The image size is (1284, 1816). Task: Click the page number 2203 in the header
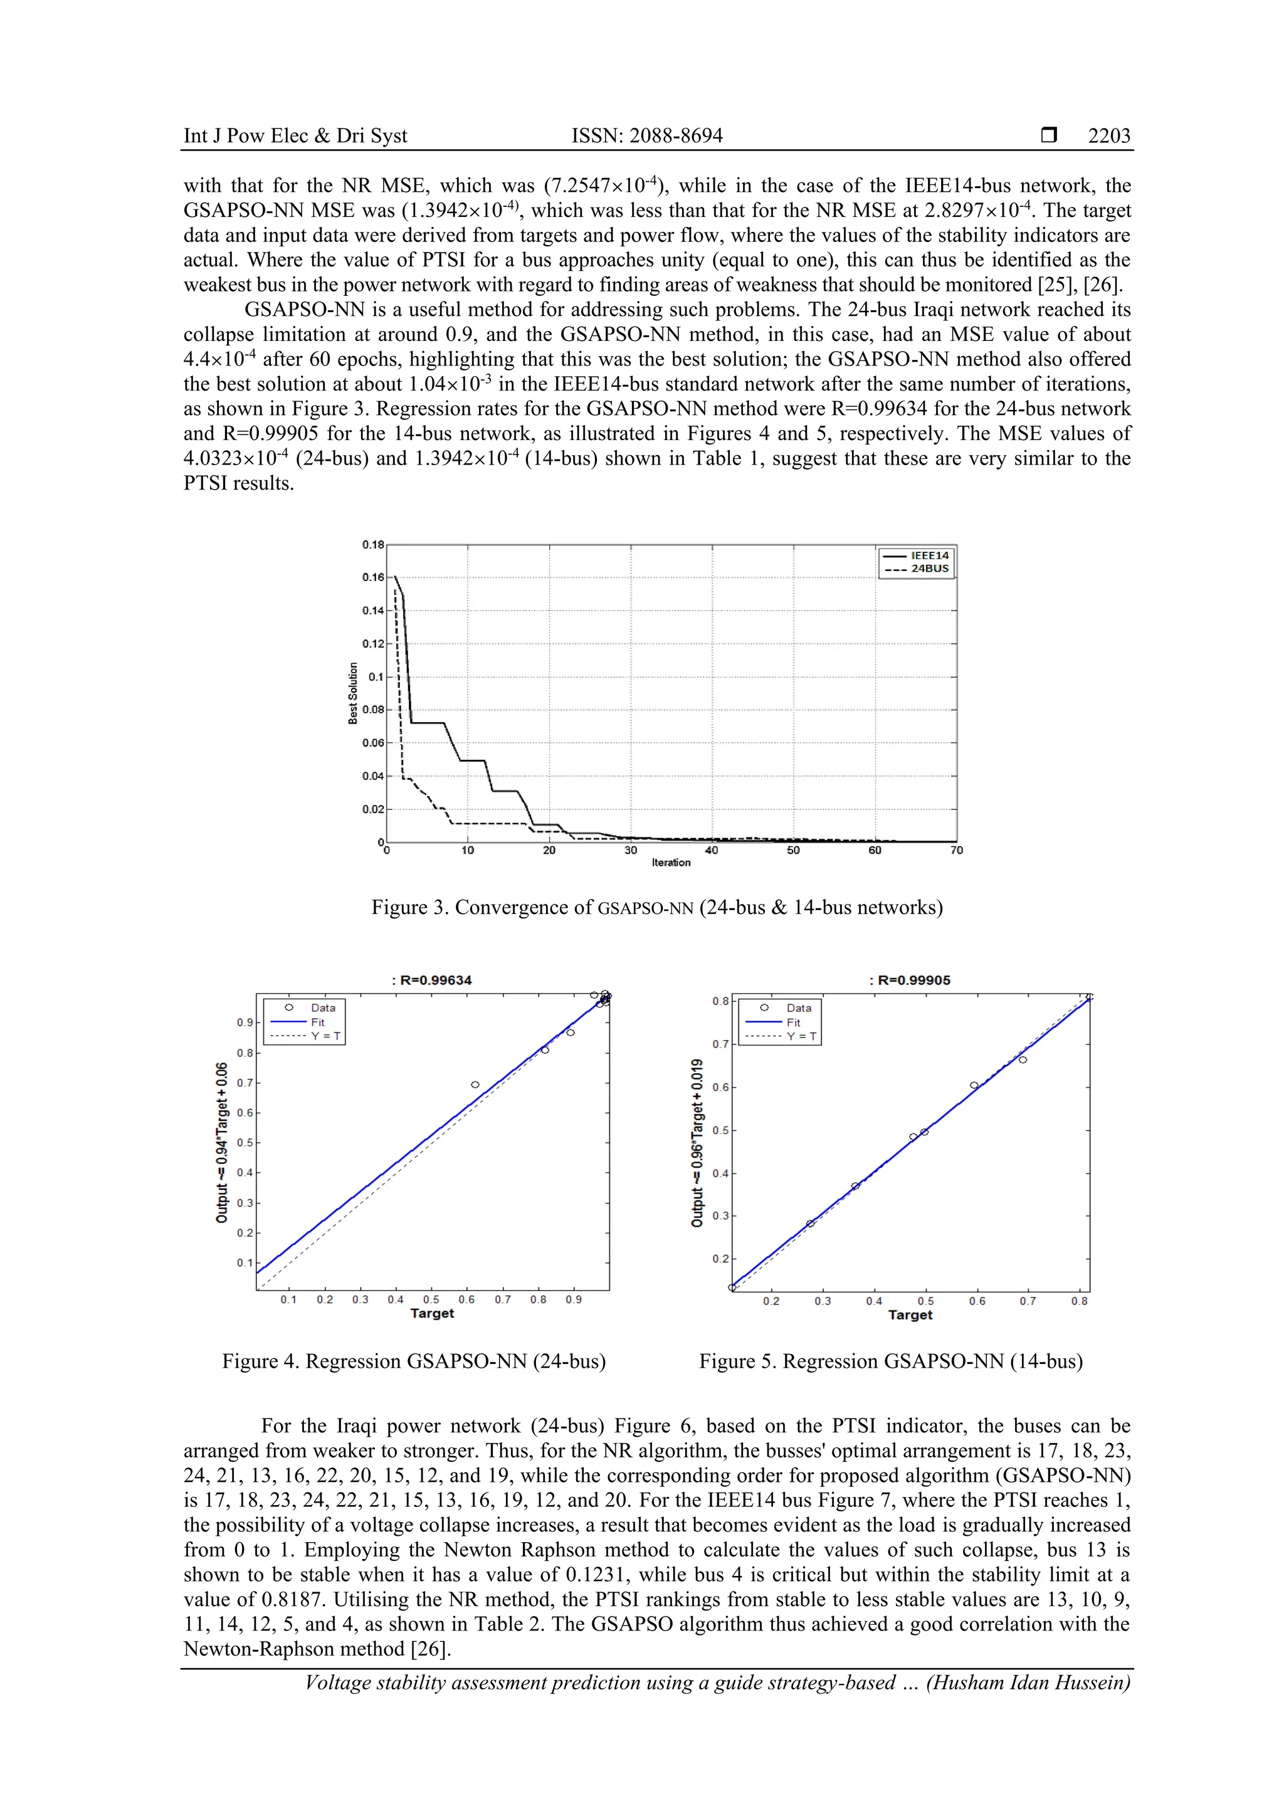click(x=1108, y=136)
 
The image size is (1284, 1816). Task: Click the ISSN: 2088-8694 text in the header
click(x=646, y=136)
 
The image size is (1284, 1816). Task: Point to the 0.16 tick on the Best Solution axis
click(x=372, y=577)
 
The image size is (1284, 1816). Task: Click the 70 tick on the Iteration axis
click(x=957, y=850)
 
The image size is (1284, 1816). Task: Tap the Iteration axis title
click(x=671, y=863)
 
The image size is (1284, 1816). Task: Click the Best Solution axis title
click(x=353, y=694)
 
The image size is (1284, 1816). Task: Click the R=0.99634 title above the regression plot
click(x=432, y=980)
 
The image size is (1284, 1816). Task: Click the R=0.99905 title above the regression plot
click(x=910, y=980)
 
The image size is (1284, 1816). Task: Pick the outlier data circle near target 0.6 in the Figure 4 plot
click(x=475, y=1084)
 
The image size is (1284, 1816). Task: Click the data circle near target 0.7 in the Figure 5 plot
click(x=1023, y=1060)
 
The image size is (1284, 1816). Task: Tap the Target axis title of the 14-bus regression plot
click(x=910, y=1315)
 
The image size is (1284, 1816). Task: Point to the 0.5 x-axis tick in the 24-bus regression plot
click(x=430, y=1299)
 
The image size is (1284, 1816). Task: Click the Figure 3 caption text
click(x=656, y=907)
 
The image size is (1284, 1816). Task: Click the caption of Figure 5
click(x=891, y=1361)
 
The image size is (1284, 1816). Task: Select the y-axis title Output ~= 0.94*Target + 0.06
click(x=223, y=1142)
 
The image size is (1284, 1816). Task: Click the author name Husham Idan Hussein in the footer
click(x=1028, y=1682)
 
